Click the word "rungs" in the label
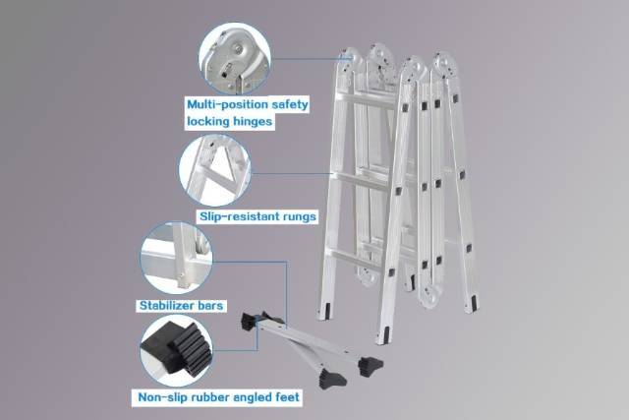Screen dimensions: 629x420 pos(299,217)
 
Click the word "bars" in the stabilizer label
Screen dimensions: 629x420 pos(211,306)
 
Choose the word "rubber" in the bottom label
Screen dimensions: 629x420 pos(210,397)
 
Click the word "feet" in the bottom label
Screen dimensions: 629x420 pos(287,397)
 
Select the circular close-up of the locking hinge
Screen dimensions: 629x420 pos(235,59)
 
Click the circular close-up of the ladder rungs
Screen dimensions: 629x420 pos(215,170)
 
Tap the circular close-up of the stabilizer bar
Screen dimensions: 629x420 pos(177,258)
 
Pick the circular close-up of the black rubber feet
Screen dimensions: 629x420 pos(177,350)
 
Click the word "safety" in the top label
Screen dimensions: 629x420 pos(290,105)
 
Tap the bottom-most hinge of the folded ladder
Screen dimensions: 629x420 pos(430,296)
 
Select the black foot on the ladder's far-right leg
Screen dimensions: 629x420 pos(474,303)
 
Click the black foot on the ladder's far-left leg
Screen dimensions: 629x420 pos(327,311)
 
